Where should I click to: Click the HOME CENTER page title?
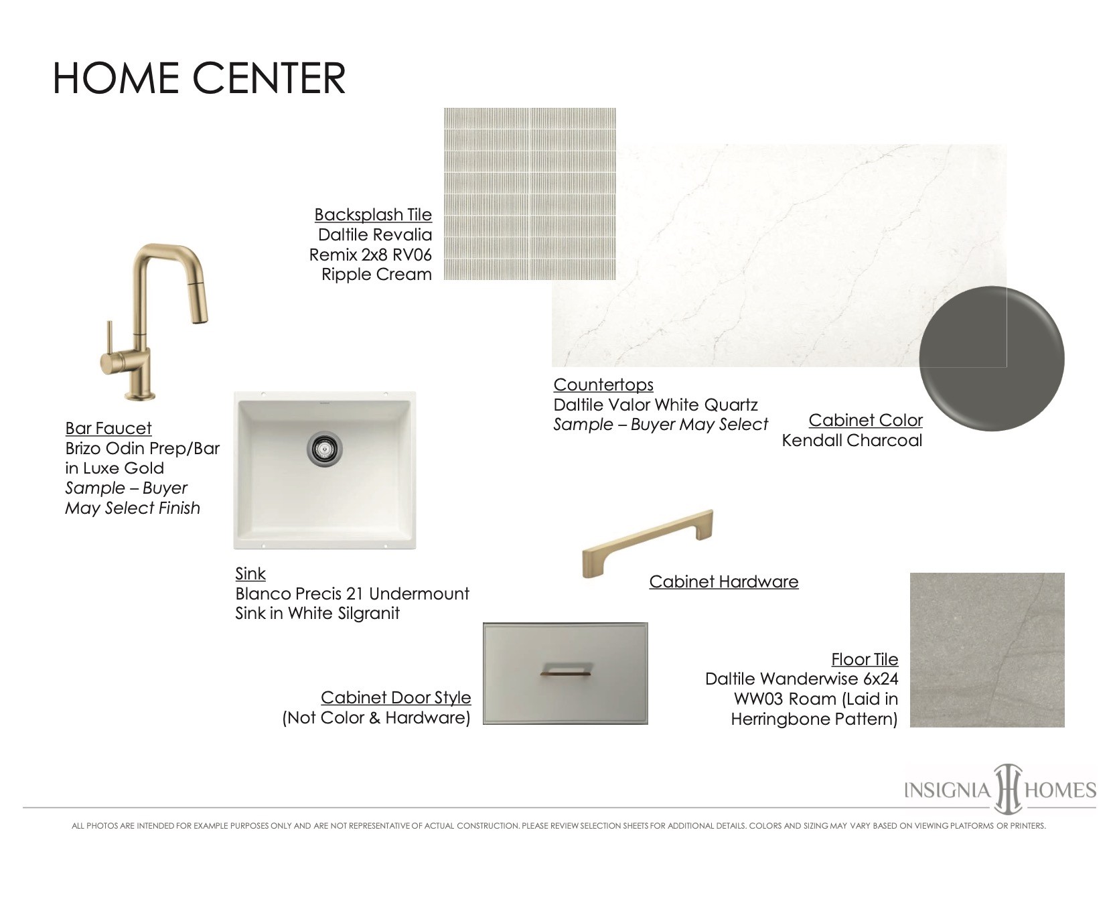[x=199, y=78]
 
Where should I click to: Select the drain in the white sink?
[x=324, y=447]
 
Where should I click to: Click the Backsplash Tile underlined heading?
[x=373, y=214]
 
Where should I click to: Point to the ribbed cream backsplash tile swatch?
[x=530, y=194]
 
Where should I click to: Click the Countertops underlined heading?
[x=603, y=385]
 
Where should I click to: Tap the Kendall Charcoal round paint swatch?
[x=992, y=358]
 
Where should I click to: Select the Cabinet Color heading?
[x=865, y=420]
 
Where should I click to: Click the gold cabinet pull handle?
[x=648, y=543]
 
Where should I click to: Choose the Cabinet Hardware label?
[x=724, y=581]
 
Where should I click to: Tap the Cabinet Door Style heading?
[x=396, y=697]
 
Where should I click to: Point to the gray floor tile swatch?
[x=987, y=650]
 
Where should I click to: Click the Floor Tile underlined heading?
[x=865, y=659]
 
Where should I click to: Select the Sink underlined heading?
[x=250, y=573]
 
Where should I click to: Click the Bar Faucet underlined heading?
[x=108, y=428]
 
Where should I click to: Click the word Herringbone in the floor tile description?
[x=780, y=719]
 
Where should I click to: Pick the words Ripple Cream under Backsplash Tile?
[x=376, y=275]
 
